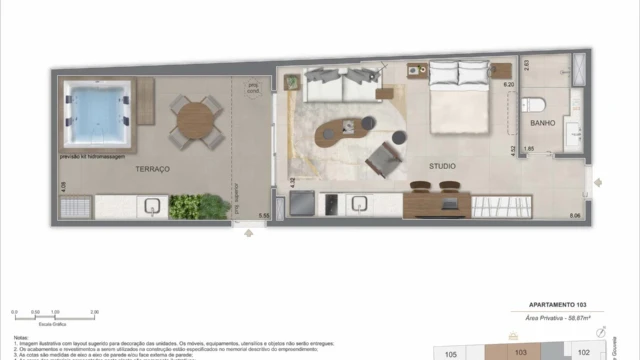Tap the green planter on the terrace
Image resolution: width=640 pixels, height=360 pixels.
pos(185,206)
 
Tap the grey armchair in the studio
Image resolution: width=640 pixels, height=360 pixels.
pos(383,160)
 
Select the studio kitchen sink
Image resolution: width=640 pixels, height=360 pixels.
pos(360,205)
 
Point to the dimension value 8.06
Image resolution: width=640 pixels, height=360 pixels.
pos(574,216)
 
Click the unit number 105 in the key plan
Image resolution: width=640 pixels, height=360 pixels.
pos(451,353)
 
